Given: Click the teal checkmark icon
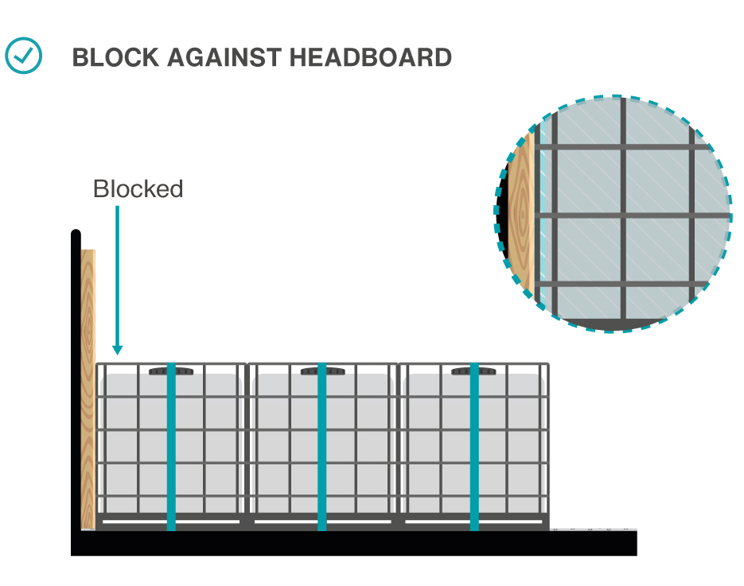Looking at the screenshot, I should click(24, 56).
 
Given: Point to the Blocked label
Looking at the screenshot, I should click(138, 189).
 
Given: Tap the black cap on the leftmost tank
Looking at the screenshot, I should click(171, 371).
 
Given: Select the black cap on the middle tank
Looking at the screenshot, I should click(322, 371).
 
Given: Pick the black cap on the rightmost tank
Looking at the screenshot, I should click(473, 371).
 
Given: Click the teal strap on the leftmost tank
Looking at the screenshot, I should click(171, 445).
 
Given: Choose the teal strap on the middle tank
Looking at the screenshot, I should click(322, 445).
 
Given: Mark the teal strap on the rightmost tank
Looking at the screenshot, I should click(474, 445).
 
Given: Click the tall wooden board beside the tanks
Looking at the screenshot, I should click(88, 390).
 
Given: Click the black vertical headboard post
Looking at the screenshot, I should click(76, 382).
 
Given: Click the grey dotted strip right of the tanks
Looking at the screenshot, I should click(593, 527).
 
